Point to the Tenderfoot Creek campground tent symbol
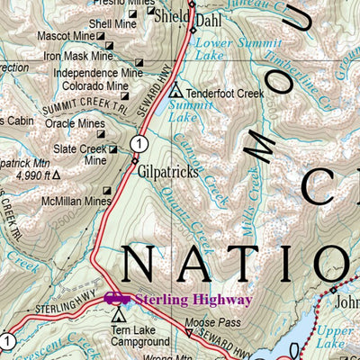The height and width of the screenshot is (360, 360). (x=175, y=92)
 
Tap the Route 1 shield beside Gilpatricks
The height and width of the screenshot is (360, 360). (x=138, y=143)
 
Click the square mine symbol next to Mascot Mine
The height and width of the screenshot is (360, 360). (x=101, y=37)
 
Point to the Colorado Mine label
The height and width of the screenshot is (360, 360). (x=94, y=86)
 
